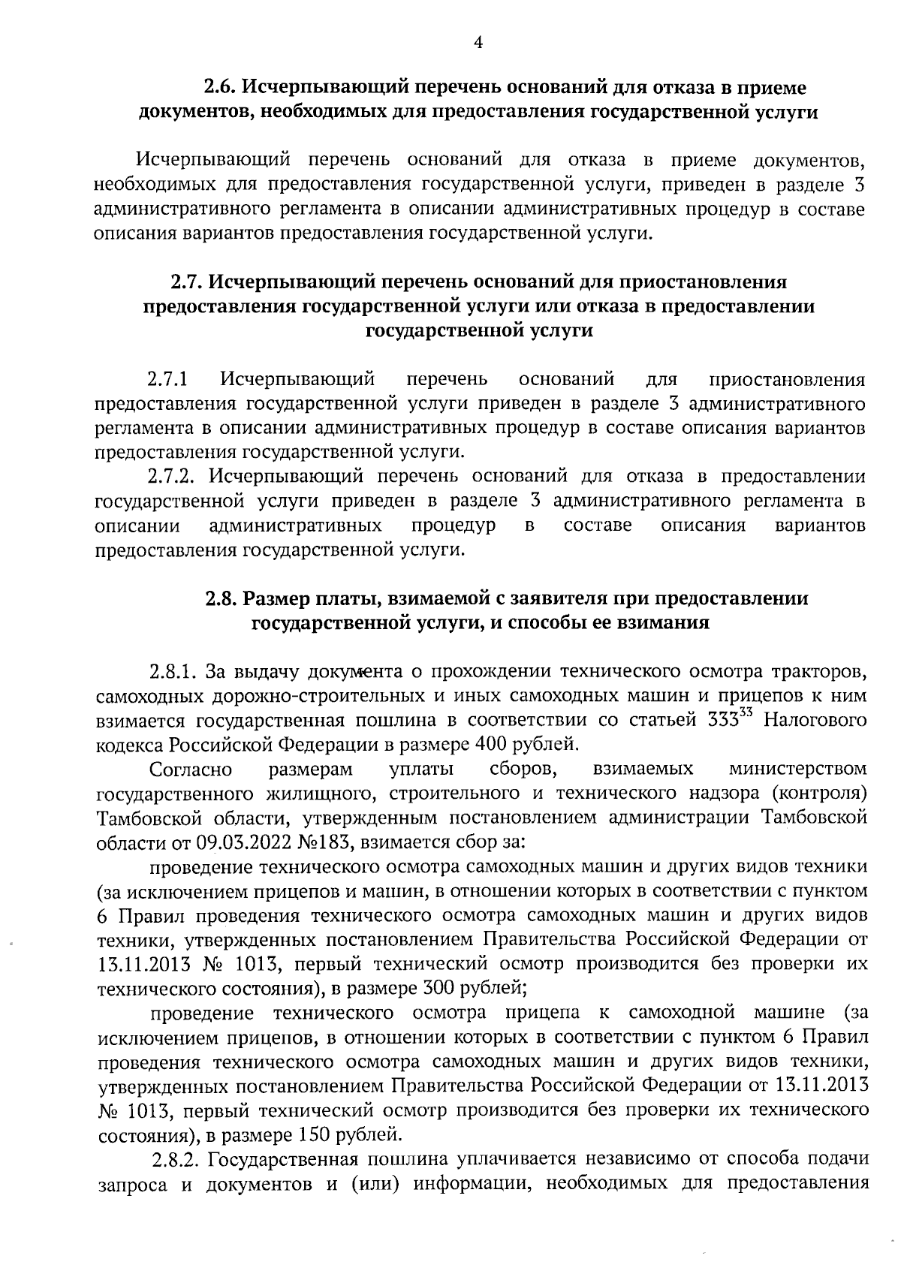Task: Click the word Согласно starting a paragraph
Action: pos(191,770)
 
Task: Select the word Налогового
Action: pos(815,720)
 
